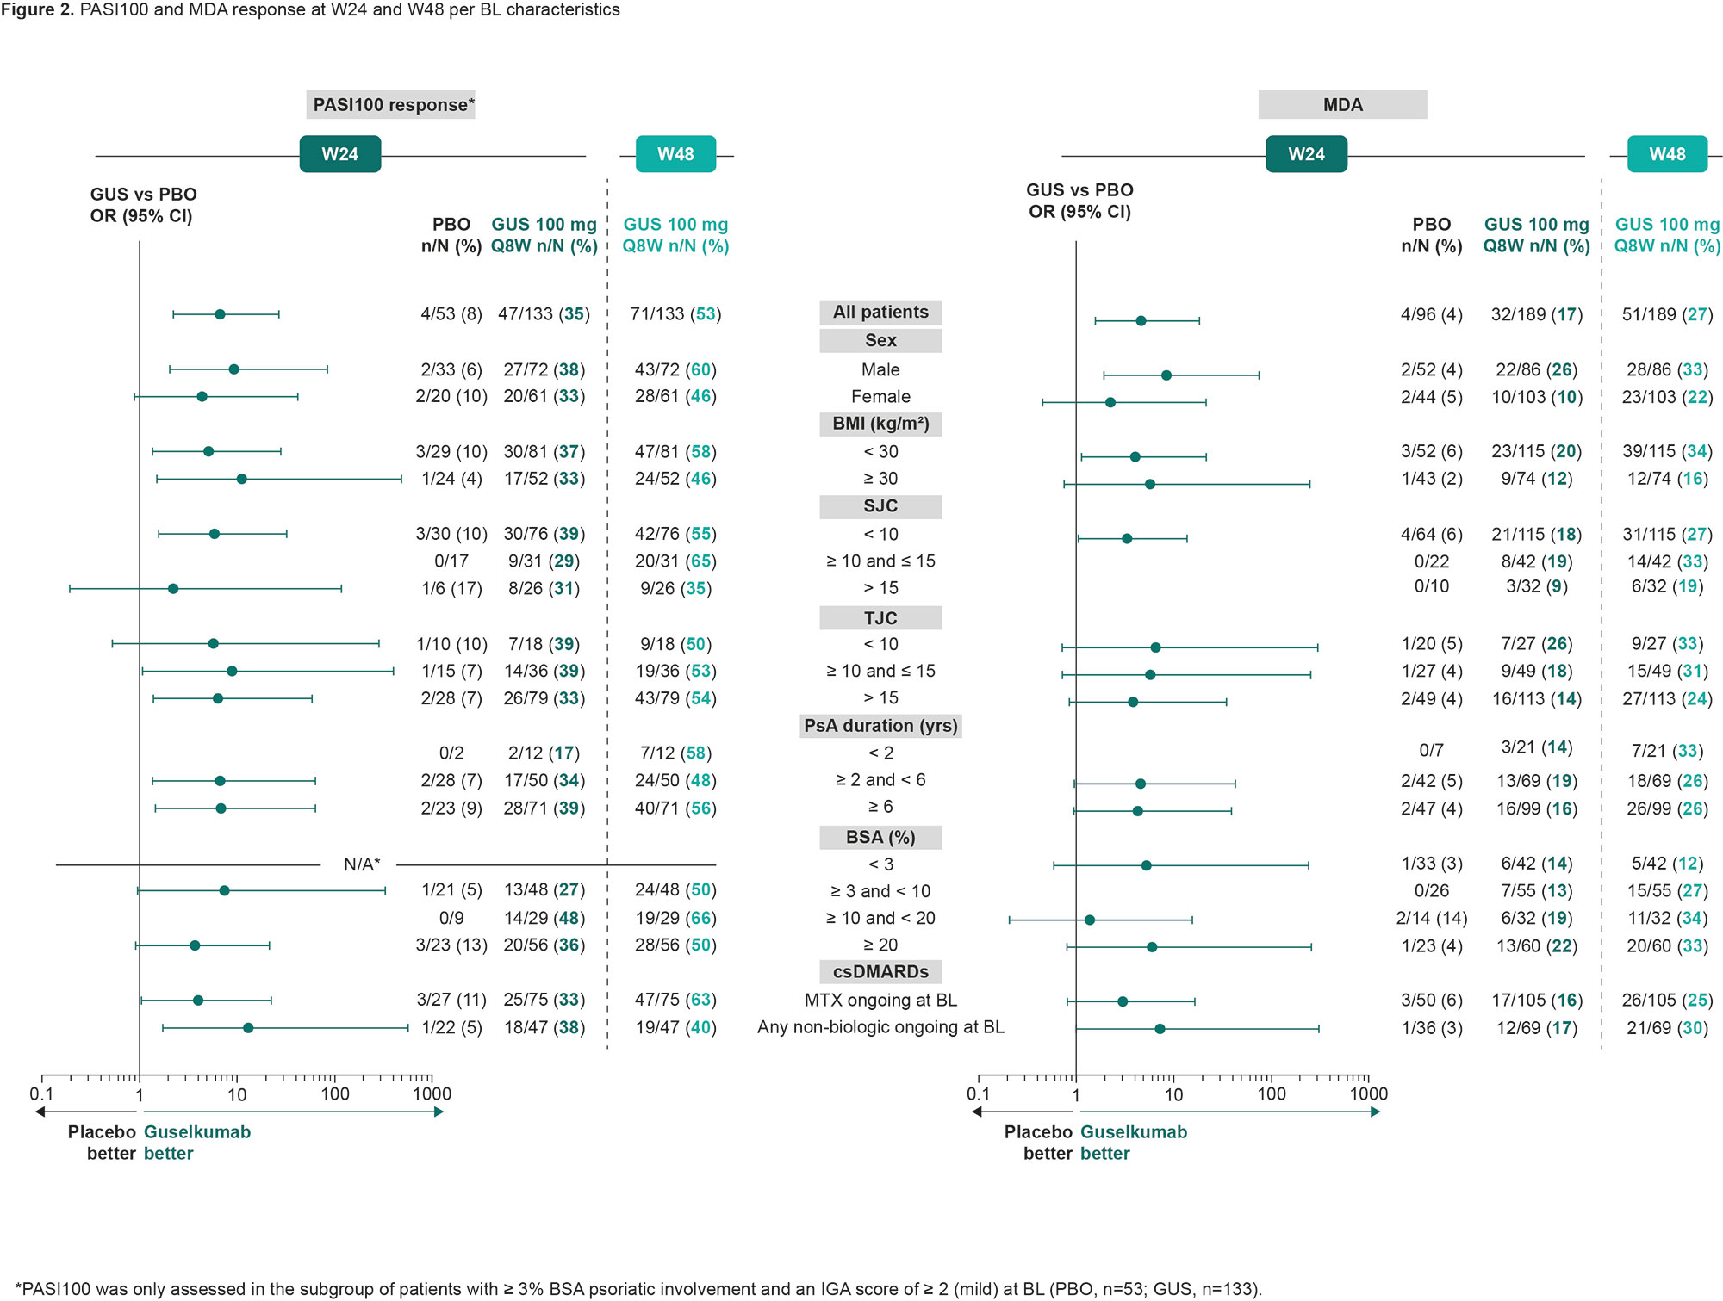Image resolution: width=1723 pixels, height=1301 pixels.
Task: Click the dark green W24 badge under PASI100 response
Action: click(x=340, y=154)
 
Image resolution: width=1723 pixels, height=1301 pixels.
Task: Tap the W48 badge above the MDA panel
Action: click(x=1667, y=154)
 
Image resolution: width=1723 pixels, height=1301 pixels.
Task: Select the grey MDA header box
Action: click(x=1342, y=105)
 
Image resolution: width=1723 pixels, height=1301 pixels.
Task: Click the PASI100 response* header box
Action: click(x=391, y=105)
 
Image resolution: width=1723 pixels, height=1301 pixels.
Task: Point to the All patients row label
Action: click(x=880, y=313)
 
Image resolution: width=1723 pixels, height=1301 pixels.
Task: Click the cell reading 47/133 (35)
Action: click(x=544, y=314)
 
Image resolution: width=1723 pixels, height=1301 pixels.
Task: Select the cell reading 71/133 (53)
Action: click(x=675, y=314)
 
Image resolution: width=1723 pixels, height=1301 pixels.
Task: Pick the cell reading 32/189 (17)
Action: click(x=1537, y=314)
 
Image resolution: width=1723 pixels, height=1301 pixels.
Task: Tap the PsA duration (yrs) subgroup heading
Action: click(x=880, y=726)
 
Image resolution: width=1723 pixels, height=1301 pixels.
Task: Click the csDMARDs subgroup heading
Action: click(x=880, y=972)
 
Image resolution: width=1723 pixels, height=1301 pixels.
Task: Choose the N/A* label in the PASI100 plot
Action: click(x=362, y=864)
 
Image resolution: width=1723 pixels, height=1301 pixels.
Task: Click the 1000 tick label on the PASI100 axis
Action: click(x=432, y=1094)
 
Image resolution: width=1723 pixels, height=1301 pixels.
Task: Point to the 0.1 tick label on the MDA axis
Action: click(x=978, y=1094)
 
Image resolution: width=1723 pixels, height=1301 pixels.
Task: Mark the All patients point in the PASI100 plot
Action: click(x=220, y=314)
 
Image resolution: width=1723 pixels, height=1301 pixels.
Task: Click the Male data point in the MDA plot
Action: click(x=1166, y=375)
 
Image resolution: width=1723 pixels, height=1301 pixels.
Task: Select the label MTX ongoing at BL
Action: click(x=880, y=1001)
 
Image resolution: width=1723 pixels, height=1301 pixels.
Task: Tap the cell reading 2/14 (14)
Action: click(x=1432, y=919)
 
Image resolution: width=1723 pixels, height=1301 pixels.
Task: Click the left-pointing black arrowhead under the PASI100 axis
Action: click(x=40, y=1112)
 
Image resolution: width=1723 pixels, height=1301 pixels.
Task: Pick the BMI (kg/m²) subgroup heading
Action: click(x=880, y=424)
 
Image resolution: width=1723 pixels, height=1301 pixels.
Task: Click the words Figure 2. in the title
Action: click(x=38, y=10)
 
